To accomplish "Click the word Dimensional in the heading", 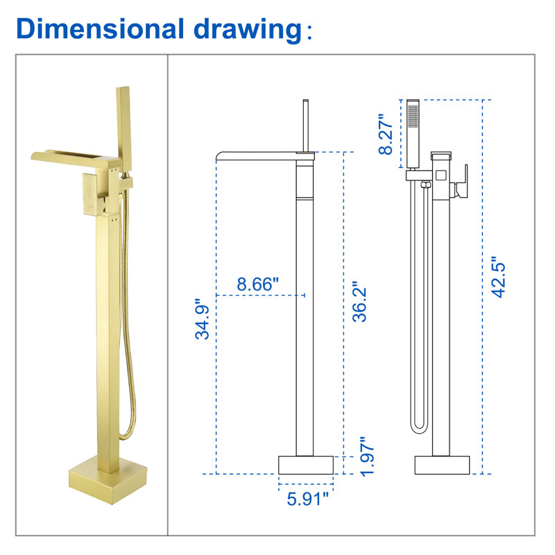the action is point(101,28).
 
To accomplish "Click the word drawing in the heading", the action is point(248,31).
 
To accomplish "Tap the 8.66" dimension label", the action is point(257,284).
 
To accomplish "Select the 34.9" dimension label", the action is point(203,319).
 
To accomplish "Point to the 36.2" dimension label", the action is point(359,302).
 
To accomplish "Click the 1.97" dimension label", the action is point(367,456).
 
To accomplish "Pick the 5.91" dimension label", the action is point(307,499).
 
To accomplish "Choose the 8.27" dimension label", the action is point(386,134).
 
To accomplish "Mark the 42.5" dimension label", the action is point(498,277).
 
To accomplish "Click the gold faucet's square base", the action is point(108,480).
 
